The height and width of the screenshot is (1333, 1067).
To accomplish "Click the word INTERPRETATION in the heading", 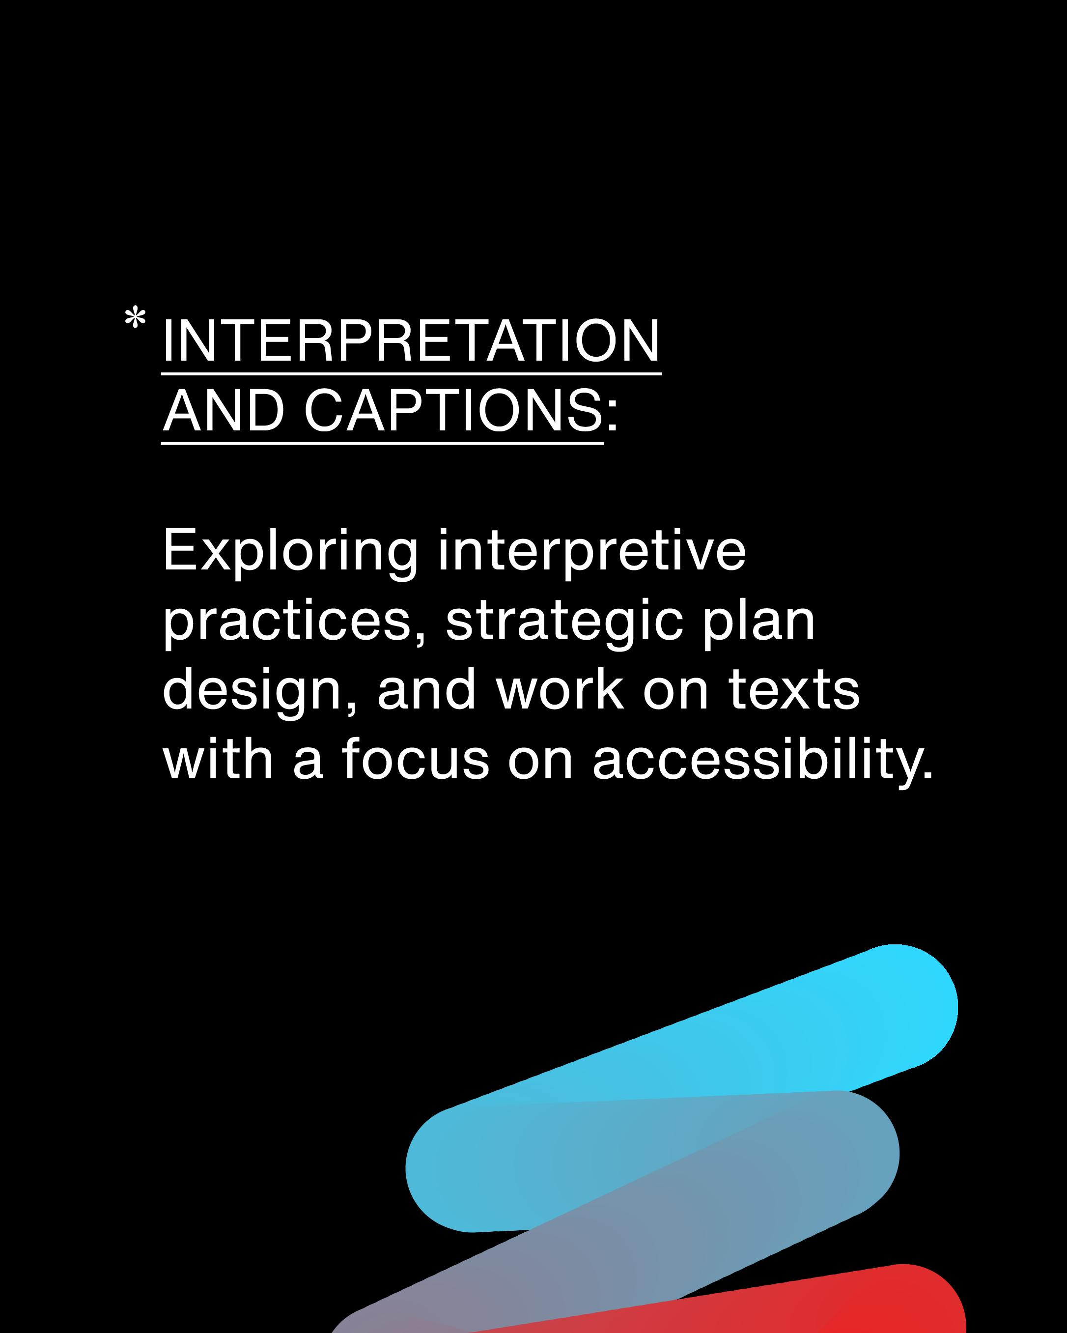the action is (x=411, y=341).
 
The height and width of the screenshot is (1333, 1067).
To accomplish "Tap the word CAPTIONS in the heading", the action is (x=453, y=411).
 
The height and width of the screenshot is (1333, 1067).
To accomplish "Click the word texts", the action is (x=794, y=691).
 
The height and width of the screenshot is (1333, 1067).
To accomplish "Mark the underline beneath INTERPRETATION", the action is (x=411, y=373).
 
